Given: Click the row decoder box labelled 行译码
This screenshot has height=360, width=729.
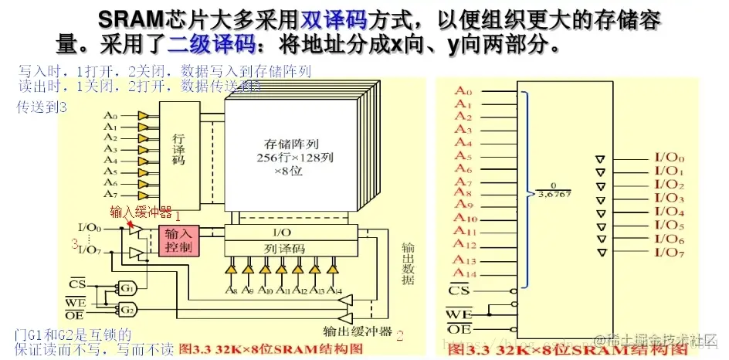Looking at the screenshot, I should click(178, 148).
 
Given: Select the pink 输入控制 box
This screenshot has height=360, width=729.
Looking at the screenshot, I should click(178, 241).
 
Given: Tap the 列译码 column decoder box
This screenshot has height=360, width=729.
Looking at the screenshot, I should click(291, 249).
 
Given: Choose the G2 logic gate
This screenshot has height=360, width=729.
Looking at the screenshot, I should click(127, 310).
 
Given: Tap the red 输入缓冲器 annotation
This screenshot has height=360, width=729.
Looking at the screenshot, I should click(140, 212).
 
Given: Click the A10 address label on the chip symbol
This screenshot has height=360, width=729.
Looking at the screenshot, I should click(466, 218).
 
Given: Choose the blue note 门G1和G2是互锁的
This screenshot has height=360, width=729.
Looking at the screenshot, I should click(73, 335).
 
